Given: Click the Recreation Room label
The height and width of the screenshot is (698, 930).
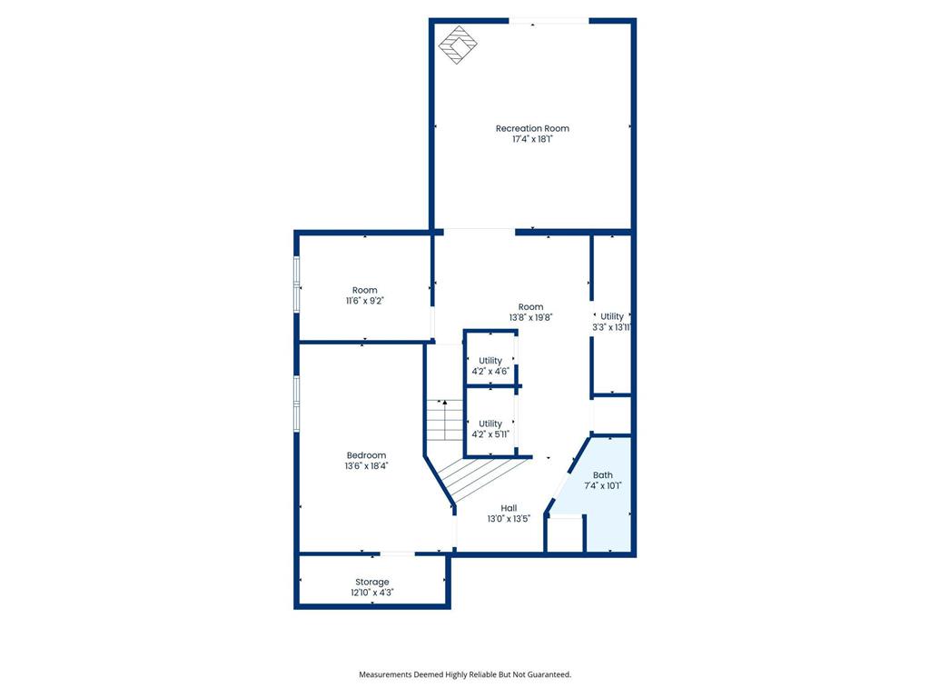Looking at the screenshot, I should click(532, 128).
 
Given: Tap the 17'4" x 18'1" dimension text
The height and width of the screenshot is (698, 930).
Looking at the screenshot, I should click(532, 140).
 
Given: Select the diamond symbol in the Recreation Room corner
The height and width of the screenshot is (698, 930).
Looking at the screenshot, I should click(457, 43).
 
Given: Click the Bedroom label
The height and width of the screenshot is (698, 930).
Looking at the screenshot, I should click(366, 455).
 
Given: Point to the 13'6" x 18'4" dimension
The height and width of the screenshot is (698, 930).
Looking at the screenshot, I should click(366, 466).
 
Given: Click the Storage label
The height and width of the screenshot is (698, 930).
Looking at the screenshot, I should click(372, 582).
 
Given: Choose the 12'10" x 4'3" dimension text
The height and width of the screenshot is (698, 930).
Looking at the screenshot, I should click(372, 593).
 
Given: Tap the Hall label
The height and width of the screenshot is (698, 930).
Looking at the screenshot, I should click(509, 508).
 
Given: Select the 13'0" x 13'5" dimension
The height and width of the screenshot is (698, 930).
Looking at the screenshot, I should click(509, 519).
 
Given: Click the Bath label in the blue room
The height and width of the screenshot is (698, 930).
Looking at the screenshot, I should click(603, 475).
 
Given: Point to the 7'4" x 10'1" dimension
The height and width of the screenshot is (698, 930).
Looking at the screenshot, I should click(603, 486).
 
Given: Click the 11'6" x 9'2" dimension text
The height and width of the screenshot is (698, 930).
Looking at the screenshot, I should click(365, 301).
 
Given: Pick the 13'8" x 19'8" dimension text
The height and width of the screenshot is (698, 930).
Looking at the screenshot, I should click(531, 318).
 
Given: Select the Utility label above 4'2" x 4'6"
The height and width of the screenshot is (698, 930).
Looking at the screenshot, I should click(490, 361).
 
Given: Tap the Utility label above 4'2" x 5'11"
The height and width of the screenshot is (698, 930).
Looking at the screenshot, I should click(490, 424).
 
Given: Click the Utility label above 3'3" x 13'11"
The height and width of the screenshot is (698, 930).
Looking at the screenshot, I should click(612, 316).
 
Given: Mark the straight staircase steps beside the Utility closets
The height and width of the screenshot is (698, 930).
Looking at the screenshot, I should click(445, 421).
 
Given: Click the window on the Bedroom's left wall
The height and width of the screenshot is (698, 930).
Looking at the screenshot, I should click(296, 401).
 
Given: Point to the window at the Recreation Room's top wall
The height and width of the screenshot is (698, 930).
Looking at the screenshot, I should click(549, 20).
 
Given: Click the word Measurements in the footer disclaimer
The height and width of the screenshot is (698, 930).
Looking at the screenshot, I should click(386, 674).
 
